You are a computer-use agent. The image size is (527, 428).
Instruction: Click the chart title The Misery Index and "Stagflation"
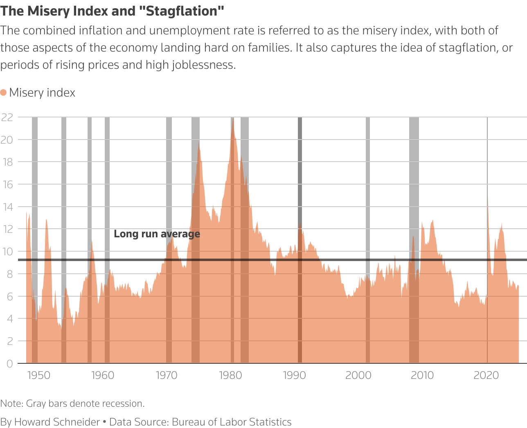[x=113, y=11]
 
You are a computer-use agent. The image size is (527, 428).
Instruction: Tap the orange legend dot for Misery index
[x=4, y=92]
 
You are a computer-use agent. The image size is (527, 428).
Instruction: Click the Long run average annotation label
[x=157, y=234]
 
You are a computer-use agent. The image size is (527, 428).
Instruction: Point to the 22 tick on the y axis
[x=7, y=117]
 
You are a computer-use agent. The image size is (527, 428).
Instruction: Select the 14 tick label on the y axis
[x=7, y=207]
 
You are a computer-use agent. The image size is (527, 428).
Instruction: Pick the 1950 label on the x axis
[x=38, y=375]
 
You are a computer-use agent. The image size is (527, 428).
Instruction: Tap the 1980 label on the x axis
[x=230, y=375]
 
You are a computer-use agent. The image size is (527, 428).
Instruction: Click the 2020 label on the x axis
[x=486, y=375]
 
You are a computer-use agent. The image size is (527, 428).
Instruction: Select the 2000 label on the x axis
[x=358, y=375]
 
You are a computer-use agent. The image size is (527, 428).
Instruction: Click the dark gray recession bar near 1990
[x=300, y=184]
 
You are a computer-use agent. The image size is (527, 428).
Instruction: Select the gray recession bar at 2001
[x=368, y=184]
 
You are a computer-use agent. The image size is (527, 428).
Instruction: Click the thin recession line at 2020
[x=487, y=164]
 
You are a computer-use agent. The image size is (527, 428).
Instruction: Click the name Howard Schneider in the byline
[x=57, y=422]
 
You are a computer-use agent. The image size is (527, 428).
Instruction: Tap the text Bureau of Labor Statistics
[x=232, y=422]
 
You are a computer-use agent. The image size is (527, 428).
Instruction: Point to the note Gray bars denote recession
[x=85, y=403]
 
